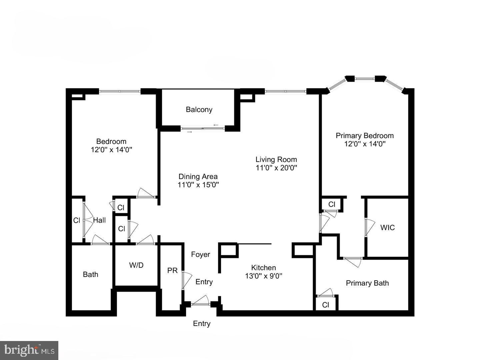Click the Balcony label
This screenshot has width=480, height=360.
click(x=199, y=110)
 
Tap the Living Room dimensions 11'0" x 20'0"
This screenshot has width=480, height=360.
click(x=276, y=168)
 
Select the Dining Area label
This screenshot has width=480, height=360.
click(x=198, y=177)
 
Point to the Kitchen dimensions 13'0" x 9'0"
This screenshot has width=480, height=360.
click(x=263, y=276)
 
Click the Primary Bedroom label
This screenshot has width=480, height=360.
click(x=364, y=136)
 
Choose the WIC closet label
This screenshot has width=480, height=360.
click(x=387, y=228)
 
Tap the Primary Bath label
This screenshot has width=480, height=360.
click(x=367, y=283)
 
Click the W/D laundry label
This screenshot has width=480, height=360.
click(x=136, y=265)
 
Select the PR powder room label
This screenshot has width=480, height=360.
click(x=172, y=271)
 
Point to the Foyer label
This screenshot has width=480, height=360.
click(x=200, y=255)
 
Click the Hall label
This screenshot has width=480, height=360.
click(x=99, y=220)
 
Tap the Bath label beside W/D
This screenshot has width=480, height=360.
click(x=90, y=275)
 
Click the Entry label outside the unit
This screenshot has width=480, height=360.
click(x=202, y=324)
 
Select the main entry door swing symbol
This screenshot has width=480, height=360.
click(x=201, y=301)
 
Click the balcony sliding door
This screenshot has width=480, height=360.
click(x=203, y=128)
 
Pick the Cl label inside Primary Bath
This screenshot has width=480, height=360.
click(x=326, y=305)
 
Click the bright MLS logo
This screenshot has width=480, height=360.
click(x=29, y=350)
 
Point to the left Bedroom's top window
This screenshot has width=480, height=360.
click(x=120, y=91)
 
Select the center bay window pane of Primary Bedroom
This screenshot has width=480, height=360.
click(x=364, y=79)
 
